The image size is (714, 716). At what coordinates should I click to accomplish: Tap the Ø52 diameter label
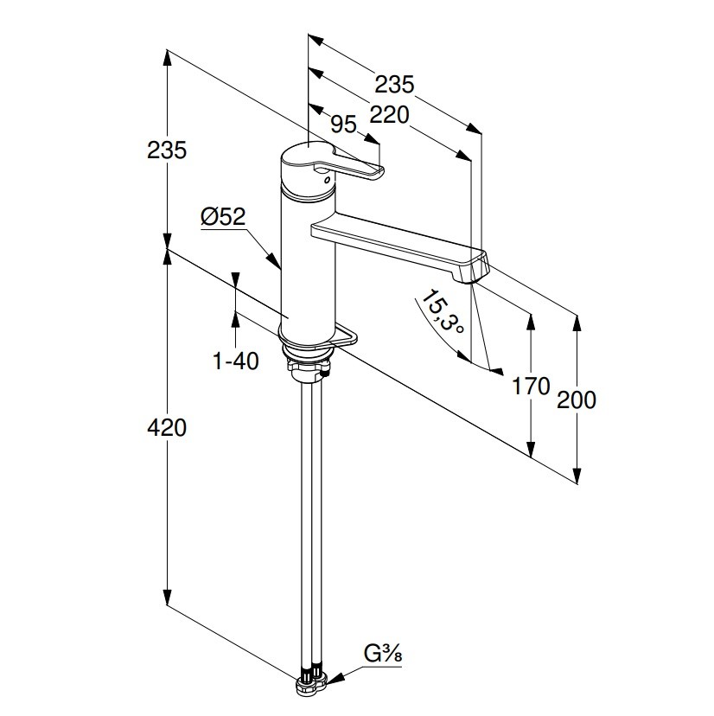tap(223, 217)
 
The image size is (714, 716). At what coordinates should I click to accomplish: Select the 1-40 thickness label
tap(236, 361)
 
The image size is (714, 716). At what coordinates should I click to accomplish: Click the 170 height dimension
tap(531, 386)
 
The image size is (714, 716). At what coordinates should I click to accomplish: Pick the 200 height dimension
tap(577, 400)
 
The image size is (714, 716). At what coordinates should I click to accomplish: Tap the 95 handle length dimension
tap(343, 125)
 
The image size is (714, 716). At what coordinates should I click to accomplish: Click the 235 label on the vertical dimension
tap(167, 150)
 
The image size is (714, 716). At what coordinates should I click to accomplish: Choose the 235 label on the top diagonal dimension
tap(394, 85)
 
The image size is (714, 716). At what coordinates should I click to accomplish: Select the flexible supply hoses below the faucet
tap(310, 519)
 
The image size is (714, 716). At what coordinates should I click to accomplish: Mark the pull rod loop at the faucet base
tap(346, 336)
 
